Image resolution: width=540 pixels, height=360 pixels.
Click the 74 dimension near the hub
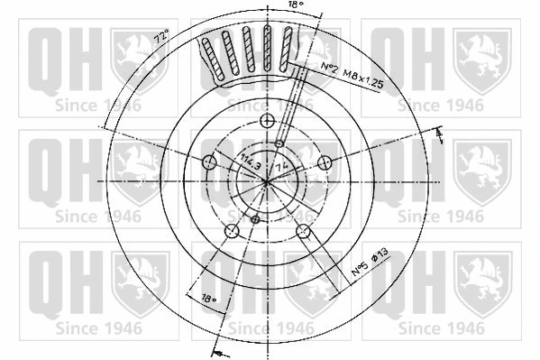point(281,167)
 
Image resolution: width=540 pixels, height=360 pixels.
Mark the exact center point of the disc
point(267,182)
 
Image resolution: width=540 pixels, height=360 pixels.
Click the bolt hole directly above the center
point(267,122)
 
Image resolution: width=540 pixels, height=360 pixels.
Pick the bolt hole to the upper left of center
point(209,163)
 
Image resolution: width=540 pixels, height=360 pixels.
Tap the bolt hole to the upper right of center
point(325,163)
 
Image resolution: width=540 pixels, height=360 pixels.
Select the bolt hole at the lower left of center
point(231,231)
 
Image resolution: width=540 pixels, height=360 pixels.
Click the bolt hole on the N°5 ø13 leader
point(303,231)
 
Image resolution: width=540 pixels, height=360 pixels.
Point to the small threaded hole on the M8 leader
point(279,143)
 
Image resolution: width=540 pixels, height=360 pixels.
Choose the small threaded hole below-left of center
point(254,220)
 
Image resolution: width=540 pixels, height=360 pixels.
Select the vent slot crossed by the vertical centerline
point(267,50)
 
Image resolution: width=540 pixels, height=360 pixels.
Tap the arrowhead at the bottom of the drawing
point(216,350)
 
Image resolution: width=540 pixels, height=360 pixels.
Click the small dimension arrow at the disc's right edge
point(439,135)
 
